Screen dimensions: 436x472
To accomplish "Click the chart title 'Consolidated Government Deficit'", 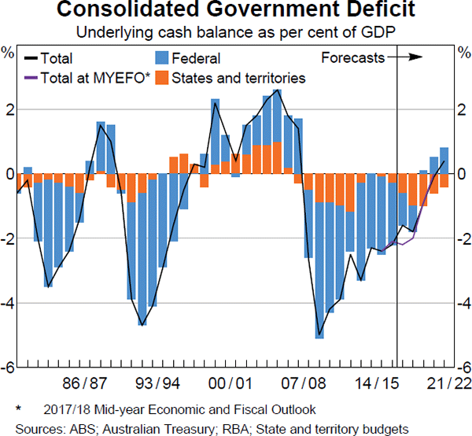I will [x=236, y=12].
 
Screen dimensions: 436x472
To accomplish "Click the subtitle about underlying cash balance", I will [x=236, y=33].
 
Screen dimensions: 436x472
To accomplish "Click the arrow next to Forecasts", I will [x=407, y=57].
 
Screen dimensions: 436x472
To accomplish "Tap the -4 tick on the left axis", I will [x=9, y=303].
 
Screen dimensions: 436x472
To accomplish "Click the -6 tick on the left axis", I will [x=9, y=368].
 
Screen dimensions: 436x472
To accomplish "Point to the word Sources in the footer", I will [x=29, y=427].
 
